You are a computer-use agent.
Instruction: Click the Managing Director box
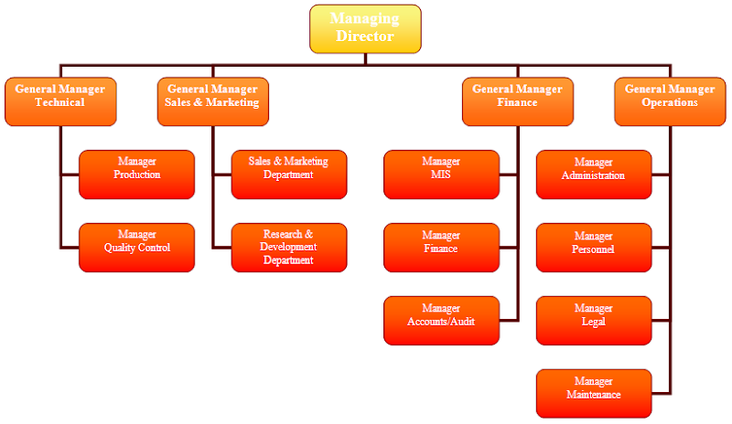[365, 28]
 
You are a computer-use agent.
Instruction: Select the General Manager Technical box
[59, 101]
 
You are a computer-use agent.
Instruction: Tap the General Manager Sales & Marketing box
[212, 101]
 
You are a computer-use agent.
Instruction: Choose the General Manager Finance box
[517, 101]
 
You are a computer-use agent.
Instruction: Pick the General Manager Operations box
[670, 101]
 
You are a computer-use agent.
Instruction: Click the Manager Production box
[136, 174]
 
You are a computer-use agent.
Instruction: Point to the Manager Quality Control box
[136, 247]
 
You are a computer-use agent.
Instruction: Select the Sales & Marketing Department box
[289, 174]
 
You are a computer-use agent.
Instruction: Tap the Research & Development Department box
[289, 247]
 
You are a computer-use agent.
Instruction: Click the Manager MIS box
[441, 174]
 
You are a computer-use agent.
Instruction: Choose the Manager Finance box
[441, 247]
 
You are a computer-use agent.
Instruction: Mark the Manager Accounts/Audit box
[441, 320]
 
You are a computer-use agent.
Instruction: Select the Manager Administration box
[594, 174]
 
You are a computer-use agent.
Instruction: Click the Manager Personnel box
[594, 247]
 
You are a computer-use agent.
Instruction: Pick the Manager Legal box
[594, 320]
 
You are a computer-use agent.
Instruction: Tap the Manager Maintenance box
[594, 393]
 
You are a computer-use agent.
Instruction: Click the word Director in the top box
[365, 37]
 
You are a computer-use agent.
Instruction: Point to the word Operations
[670, 102]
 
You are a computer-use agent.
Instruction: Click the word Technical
[59, 102]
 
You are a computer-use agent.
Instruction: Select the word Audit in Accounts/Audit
[460, 322]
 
